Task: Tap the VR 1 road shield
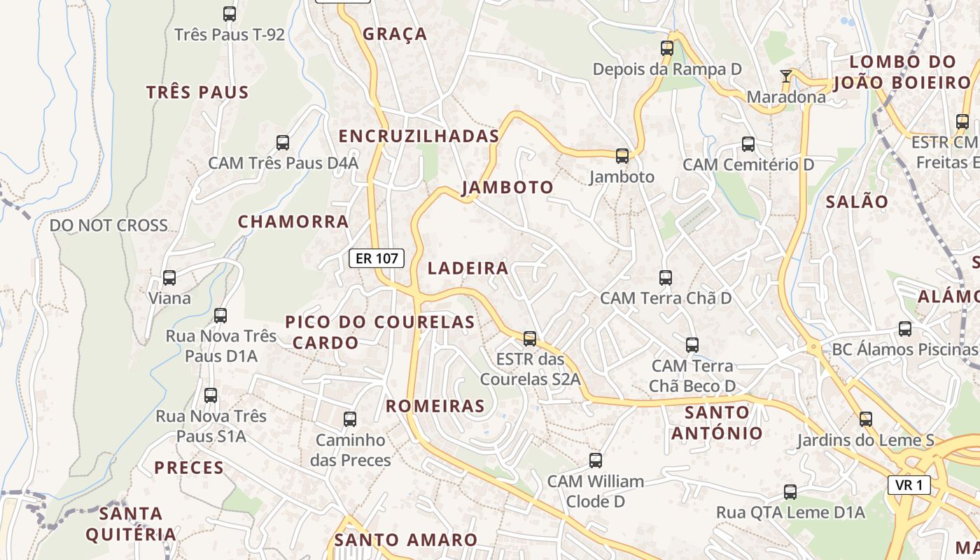coord(909,485)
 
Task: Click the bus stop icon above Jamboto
coord(622,156)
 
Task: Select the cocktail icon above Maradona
coord(786,76)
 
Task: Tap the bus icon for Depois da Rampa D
coord(667,48)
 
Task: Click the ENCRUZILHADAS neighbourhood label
coord(419,136)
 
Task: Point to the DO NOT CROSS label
coord(108,225)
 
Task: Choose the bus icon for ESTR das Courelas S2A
coord(530,339)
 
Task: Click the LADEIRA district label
coord(468,268)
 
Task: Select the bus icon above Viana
coord(169,278)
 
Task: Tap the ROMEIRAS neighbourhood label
coord(435,406)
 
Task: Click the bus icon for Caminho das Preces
coord(350,419)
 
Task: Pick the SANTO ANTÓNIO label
coord(717,423)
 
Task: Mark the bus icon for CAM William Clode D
coord(596,461)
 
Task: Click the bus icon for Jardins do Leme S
coord(866,419)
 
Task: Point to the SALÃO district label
coord(857,202)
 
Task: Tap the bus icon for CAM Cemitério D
coord(748,144)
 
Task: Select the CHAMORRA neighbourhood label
coord(293,222)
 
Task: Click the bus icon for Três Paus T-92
coord(230,13)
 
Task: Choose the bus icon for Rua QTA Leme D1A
coord(790,492)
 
